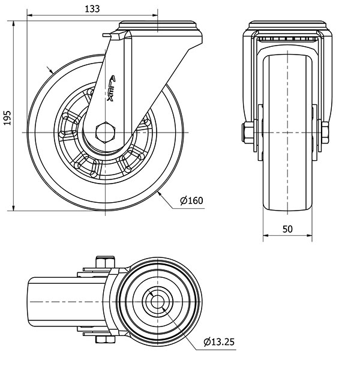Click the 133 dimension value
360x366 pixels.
pos(92,9)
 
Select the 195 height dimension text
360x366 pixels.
pos(7,118)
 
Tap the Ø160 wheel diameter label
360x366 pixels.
pos(191,200)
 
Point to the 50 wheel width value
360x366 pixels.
pos(287,229)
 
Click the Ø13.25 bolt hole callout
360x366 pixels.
pos(219,342)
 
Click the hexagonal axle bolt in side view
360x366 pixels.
pos(105,132)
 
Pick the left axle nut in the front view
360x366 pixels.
pos(247,133)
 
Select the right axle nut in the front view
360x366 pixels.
pos(325,133)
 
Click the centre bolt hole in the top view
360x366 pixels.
pos(157,302)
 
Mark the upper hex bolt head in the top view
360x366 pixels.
pos(105,262)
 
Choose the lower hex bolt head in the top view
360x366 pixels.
pos(105,340)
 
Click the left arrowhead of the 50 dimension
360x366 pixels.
pos(266,235)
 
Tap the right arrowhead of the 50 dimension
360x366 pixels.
pos(310,235)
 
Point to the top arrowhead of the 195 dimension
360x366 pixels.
pos(14,23)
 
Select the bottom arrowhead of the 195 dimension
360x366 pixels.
pos(14,208)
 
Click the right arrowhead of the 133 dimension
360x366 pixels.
pos(155,16)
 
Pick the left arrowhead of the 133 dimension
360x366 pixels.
pos(30,16)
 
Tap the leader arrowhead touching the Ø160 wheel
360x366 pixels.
pos(160,193)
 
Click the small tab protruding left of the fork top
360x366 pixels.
pos(107,35)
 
